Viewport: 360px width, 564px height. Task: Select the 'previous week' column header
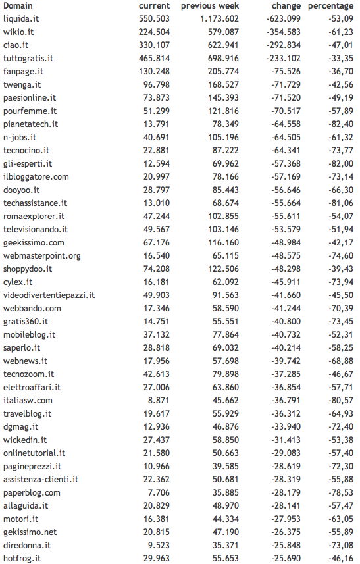tap(210, 6)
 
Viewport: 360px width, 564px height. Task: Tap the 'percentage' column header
tap(330, 6)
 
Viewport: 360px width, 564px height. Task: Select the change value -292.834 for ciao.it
tap(282, 45)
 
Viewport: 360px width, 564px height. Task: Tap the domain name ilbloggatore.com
tap(36, 176)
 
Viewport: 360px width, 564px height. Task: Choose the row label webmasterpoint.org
tap(42, 255)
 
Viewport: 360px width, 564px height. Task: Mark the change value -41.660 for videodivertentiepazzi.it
tap(285, 295)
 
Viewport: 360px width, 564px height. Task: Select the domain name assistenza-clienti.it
tap(41, 479)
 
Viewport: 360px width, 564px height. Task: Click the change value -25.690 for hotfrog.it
tap(285, 558)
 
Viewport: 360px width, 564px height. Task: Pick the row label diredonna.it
tap(27, 545)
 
